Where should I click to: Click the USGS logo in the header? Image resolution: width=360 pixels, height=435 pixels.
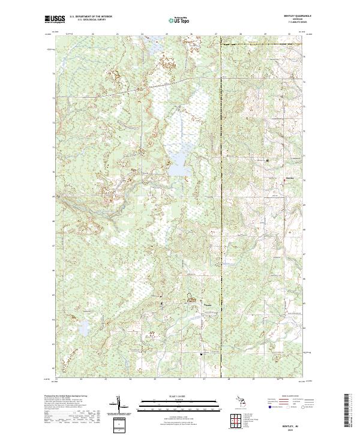pos(54,19)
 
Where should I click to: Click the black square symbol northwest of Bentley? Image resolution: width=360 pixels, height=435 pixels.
pos(267,160)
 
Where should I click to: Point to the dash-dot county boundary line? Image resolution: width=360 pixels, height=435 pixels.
pos(221,240)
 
